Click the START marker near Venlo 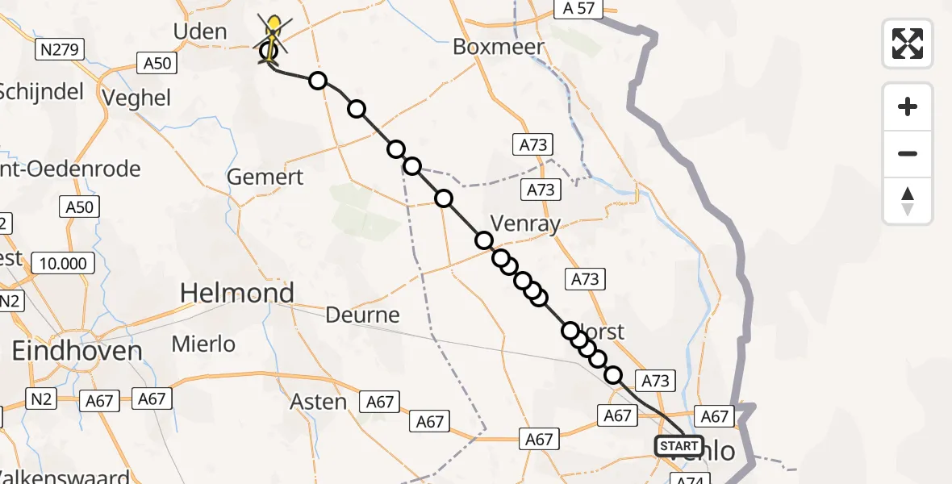(679, 446)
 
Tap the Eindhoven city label (77, 351)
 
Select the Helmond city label (237, 293)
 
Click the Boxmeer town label (499, 46)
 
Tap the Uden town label (199, 32)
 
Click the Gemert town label (265, 177)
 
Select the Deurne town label (363, 315)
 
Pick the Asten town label (319, 402)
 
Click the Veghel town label (138, 98)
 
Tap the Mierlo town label (203, 344)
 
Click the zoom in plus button (908, 106)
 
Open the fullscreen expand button (908, 43)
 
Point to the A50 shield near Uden (157, 62)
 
